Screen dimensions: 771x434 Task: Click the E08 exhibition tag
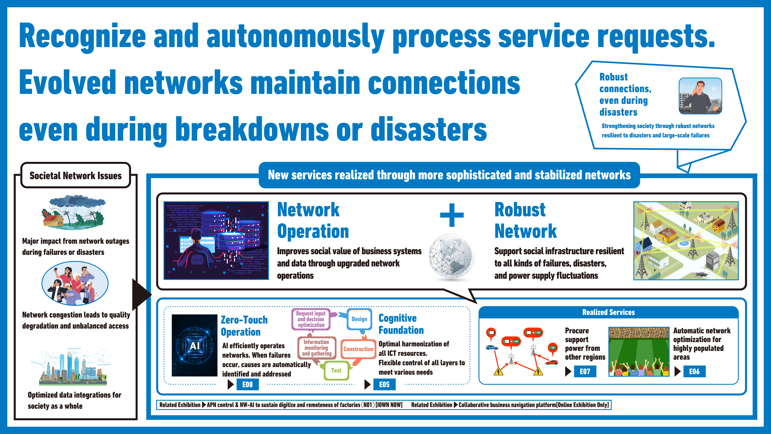(x=248, y=384)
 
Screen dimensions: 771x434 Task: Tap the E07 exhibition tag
(x=585, y=371)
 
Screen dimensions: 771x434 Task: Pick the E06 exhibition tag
(x=694, y=371)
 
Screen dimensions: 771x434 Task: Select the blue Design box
(x=359, y=319)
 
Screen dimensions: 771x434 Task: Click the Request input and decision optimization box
(x=311, y=319)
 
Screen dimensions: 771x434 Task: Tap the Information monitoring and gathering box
(x=317, y=348)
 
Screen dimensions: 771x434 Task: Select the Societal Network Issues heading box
(x=76, y=175)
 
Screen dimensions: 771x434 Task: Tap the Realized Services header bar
(x=608, y=312)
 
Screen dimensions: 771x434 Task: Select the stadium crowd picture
(x=639, y=351)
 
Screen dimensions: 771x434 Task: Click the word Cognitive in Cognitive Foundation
(x=397, y=318)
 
